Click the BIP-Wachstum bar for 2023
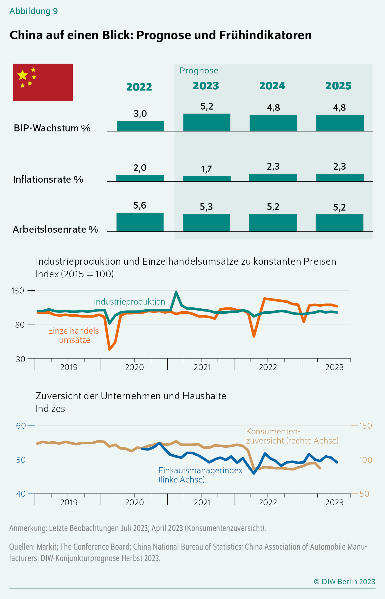207,123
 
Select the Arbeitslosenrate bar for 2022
140,222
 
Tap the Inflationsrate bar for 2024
273,178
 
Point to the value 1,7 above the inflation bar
206,169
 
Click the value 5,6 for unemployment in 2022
140,206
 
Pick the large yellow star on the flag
23,75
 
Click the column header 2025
338,86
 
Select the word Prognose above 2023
199,71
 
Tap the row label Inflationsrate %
48,180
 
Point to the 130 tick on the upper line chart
17,290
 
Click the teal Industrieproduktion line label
129,302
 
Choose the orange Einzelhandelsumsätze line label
75,335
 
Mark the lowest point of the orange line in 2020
109,349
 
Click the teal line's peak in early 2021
176,293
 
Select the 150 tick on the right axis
365,426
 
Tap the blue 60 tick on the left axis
21,426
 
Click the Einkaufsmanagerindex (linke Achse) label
200,475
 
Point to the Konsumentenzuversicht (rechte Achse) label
292,436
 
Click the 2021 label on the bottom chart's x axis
202,502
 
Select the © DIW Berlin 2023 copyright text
345,582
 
